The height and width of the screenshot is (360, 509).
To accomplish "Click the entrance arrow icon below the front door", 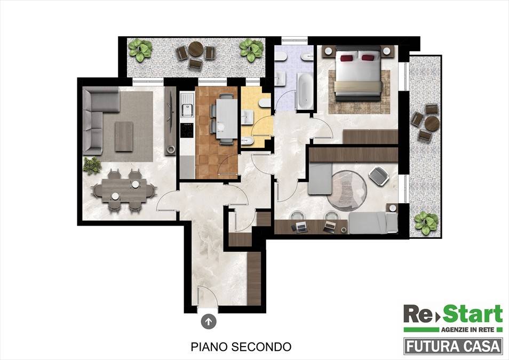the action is pos(209,322).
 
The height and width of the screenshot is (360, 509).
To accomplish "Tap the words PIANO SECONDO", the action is pos(241,347).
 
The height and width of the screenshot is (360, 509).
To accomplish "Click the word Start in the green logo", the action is pos(473,314).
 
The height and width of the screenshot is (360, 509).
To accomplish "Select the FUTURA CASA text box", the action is pos(453,346).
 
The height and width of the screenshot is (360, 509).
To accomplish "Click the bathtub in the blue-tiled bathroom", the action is pos(305,91).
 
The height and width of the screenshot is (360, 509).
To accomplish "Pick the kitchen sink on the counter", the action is pos(187,105).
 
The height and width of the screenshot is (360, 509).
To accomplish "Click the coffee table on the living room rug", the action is pos(124,137).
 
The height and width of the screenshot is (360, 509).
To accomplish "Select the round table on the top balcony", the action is pos(196,50).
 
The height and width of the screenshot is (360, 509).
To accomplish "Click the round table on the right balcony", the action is pos(432,124).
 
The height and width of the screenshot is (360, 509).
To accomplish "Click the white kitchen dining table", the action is pos(227,118).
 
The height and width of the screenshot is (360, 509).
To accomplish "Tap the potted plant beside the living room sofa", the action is pos(92,166).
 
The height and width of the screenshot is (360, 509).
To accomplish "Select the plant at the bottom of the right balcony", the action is pos(426,223).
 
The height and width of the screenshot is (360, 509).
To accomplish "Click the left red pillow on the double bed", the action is pos(346,58).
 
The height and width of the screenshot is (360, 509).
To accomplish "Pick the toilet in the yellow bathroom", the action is pos(265,103).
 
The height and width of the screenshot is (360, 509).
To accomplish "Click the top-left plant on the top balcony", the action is pos(140,50).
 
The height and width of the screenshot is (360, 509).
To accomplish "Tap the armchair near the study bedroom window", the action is pos(378,177).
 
